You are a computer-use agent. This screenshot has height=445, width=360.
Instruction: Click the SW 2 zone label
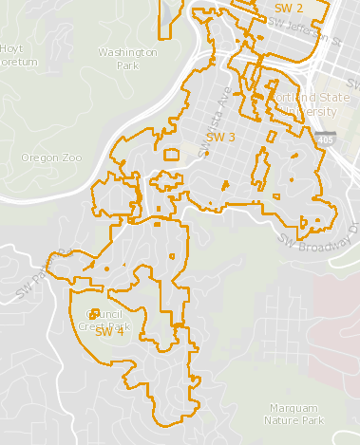[x=288, y=9]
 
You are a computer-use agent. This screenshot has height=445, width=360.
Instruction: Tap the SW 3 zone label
[x=220, y=138]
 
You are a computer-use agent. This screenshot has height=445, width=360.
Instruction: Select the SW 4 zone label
[x=109, y=332]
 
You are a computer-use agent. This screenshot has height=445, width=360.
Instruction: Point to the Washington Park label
[x=127, y=59]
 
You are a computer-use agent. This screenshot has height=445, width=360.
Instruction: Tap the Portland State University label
[x=302, y=103]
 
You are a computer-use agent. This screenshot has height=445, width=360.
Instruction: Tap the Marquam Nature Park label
[x=296, y=413]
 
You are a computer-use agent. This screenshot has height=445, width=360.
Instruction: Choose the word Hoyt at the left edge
[x=12, y=47]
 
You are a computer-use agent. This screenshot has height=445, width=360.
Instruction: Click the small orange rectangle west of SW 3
[x=172, y=153]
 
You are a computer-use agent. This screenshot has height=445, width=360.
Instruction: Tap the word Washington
[x=127, y=53]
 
